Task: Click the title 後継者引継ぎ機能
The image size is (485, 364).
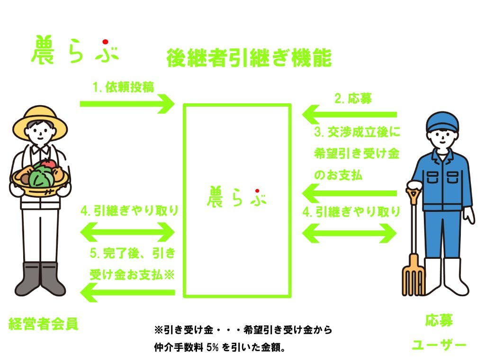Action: (x=249, y=58)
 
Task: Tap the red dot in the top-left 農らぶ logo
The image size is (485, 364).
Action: (x=106, y=42)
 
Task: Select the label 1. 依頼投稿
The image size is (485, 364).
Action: (x=123, y=87)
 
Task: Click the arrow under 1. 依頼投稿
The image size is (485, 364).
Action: (x=127, y=104)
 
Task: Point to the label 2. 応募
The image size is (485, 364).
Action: (x=353, y=99)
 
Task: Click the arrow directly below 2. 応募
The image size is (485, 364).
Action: (x=349, y=115)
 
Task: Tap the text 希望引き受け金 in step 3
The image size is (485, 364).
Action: (x=357, y=153)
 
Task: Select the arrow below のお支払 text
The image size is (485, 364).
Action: (x=349, y=193)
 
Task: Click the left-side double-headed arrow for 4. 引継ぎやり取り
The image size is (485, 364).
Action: (x=127, y=232)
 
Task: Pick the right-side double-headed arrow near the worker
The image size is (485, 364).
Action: (x=349, y=233)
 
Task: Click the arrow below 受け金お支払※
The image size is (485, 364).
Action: (x=127, y=292)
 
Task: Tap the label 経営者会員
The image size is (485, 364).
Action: (x=43, y=324)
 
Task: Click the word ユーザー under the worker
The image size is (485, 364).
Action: (x=439, y=345)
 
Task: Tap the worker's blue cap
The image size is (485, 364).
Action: (x=442, y=122)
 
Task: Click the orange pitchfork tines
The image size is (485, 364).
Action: (x=413, y=275)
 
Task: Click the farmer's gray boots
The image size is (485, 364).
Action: (x=40, y=279)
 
